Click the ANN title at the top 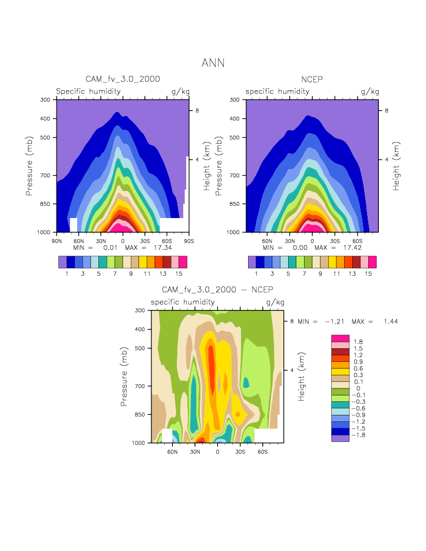[213, 63]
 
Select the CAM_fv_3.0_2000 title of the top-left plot [123, 79]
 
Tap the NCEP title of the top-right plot [312, 79]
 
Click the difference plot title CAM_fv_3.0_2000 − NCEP [217, 290]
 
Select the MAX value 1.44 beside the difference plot [391, 322]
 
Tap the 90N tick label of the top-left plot [57, 240]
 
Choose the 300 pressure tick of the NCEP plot [235, 100]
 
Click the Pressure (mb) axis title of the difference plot [124, 375]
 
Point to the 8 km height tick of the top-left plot [198, 110]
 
